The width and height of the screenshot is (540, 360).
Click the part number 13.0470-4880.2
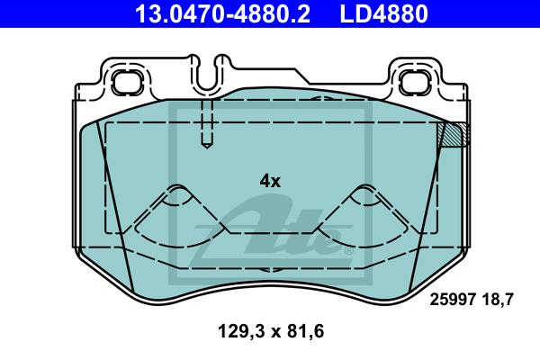222,13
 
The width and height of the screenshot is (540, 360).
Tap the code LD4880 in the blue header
384,13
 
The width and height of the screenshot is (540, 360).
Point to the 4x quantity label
270,181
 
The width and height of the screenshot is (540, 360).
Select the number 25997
453,300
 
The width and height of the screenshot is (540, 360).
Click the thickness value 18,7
498,300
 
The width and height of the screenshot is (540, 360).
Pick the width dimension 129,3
242,331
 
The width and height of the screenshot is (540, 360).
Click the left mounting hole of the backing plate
127,82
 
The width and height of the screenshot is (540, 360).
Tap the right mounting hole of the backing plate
415,82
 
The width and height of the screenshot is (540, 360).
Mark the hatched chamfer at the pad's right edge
454,134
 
